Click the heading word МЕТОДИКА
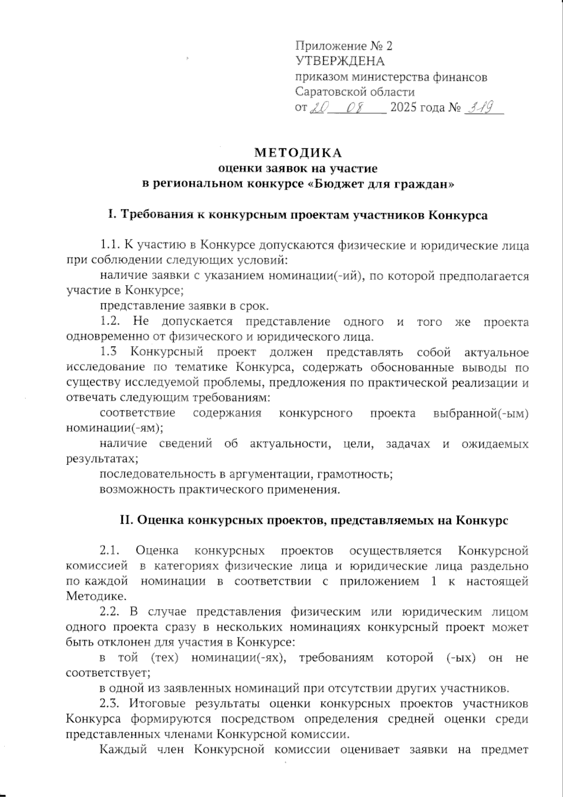[x=298, y=153]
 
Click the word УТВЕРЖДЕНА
[x=340, y=61]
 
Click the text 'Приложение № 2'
[x=343, y=46]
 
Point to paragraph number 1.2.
[x=111, y=322]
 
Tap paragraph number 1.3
[x=110, y=352]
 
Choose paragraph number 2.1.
[x=111, y=550]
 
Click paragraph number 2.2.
[x=111, y=612]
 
